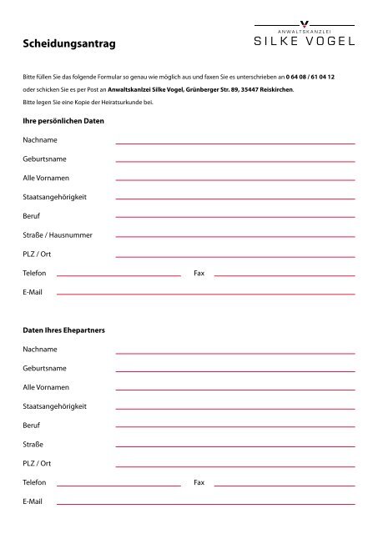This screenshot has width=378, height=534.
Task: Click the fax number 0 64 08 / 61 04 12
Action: click(x=310, y=76)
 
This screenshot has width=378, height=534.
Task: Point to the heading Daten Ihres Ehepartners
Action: click(x=63, y=330)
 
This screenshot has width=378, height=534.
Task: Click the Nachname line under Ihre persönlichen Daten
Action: click(x=234, y=144)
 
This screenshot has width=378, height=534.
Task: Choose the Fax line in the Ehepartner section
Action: click(x=284, y=485)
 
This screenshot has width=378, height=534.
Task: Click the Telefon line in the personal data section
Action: click(x=118, y=275)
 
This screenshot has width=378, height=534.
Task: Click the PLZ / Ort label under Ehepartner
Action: click(x=37, y=463)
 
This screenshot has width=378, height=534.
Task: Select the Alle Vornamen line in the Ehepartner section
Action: click(x=234, y=390)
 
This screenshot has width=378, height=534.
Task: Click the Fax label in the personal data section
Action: click(x=199, y=273)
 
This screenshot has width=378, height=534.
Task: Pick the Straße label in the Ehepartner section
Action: click(x=33, y=444)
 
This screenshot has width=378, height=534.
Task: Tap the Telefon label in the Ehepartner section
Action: click(x=34, y=482)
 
